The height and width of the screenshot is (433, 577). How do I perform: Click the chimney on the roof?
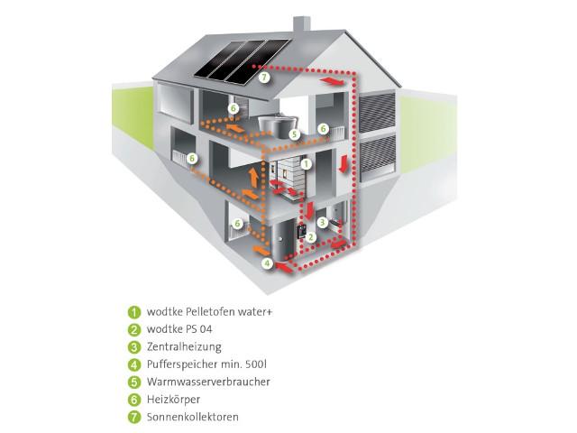(x=301, y=24)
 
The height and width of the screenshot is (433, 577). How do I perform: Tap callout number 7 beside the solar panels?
(x=264, y=78)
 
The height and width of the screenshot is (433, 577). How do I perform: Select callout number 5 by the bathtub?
(x=294, y=134)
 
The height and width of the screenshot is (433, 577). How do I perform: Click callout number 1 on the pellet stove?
(x=306, y=164)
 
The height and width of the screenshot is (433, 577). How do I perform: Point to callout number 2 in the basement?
(x=311, y=236)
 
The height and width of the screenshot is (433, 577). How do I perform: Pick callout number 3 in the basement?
(x=323, y=223)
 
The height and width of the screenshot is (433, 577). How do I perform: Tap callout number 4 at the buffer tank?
(x=268, y=263)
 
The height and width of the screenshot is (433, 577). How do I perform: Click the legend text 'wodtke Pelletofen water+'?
(x=210, y=312)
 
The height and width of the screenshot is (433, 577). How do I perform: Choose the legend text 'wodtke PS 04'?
(x=179, y=329)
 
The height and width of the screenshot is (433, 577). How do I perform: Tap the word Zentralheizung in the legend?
(x=184, y=346)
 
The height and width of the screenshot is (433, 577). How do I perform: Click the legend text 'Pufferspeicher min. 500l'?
(x=206, y=364)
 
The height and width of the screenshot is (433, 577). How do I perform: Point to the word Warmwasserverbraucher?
(x=208, y=382)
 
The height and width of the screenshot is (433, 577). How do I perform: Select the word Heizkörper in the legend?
(x=173, y=400)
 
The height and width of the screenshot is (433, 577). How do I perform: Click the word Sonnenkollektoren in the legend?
(x=192, y=417)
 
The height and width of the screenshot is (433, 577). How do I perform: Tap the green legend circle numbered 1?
(x=134, y=312)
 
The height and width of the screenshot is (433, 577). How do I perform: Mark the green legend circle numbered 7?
(x=134, y=418)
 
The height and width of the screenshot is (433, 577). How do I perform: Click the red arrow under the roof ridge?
(x=333, y=81)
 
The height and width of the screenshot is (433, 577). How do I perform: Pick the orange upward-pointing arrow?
(x=253, y=178)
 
